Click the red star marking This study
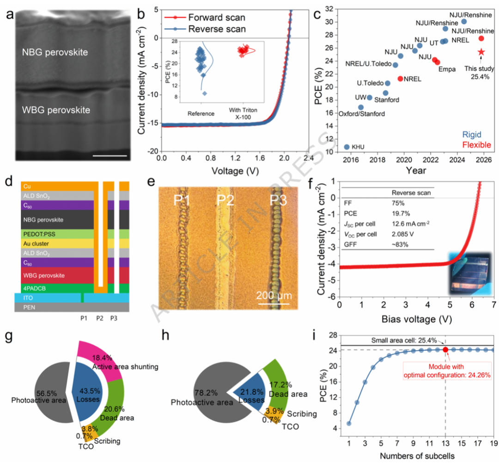[x=481, y=52]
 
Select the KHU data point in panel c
[x=347, y=147]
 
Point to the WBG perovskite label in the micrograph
[x=57, y=110]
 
